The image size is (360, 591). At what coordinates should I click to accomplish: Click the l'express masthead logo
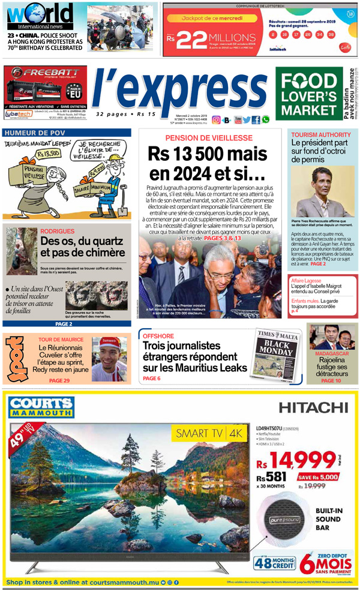pyautogui.click(x=178, y=88)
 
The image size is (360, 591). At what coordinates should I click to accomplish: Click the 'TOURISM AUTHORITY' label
pyautogui.click(x=321, y=134)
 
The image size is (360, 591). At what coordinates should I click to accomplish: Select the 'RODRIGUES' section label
pyautogui.click(x=58, y=231)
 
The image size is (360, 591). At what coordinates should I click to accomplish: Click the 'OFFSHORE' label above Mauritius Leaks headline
pyautogui.click(x=158, y=336)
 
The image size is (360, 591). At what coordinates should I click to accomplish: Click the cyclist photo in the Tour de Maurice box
pyautogui.click(x=109, y=358)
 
